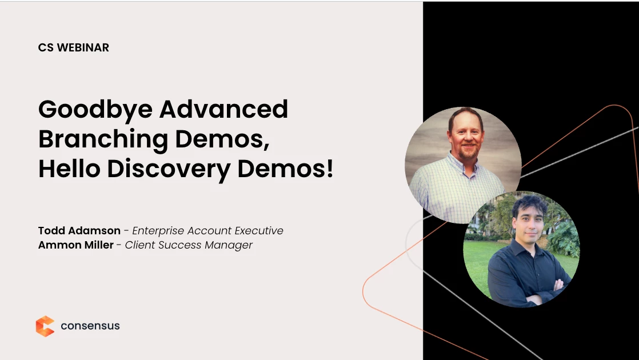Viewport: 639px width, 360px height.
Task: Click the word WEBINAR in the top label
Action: [83, 47]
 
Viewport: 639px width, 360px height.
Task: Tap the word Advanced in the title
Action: [223, 109]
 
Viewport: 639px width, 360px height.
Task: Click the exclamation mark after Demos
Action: [330, 169]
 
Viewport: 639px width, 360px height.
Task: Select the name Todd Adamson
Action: [79, 230]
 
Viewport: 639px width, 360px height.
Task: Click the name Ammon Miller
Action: [76, 245]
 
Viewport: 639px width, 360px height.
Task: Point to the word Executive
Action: [259, 230]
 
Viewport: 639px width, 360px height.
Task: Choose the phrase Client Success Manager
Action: [189, 245]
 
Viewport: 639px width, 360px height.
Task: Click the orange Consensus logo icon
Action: [45, 326]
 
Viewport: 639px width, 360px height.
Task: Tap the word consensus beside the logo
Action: [90, 326]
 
